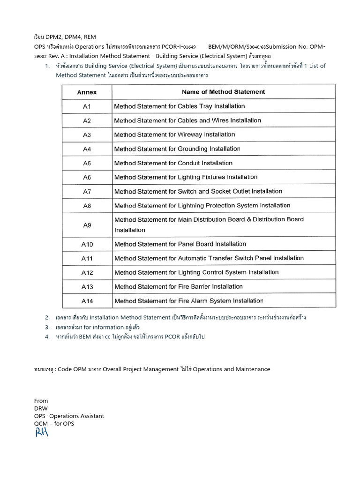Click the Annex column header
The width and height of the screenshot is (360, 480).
click(x=87, y=92)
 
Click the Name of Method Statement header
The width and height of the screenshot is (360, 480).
click(x=223, y=92)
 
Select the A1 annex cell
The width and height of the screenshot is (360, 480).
click(x=87, y=106)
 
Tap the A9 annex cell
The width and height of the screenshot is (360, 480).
click(x=87, y=225)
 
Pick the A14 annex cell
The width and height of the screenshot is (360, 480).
click(x=87, y=300)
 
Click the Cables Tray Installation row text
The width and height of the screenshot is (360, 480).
click(x=180, y=106)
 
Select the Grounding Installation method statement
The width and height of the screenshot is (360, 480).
click(x=177, y=149)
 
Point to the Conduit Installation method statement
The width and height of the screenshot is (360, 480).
click(x=173, y=163)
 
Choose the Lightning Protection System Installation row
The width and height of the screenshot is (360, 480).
click(x=202, y=205)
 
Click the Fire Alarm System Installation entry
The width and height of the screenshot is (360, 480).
click(x=188, y=300)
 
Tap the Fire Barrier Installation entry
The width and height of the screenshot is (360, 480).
click(x=179, y=286)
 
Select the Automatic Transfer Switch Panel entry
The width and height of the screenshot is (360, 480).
click(x=209, y=258)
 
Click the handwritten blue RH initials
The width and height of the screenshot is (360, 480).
click(x=42, y=432)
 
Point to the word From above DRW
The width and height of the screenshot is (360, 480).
click(x=41, y=401)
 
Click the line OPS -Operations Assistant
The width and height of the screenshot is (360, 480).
click(x=69, y=416)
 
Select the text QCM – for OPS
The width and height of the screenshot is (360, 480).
click(x=54, y=424)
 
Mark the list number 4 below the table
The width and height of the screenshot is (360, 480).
click(x=47, y=337)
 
